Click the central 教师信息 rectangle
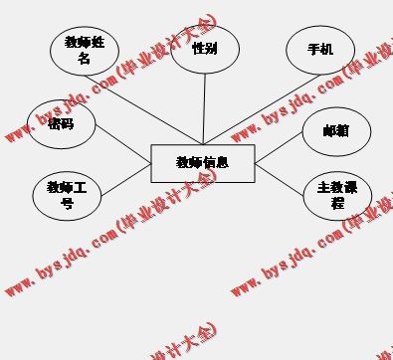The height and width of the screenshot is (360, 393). pos(203,163)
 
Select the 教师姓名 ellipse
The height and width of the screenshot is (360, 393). pos(84,50)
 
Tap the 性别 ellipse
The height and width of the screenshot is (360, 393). pos(205,48)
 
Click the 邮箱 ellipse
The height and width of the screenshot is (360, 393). pos(335,130)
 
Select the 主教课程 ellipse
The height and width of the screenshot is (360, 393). pos(336,194)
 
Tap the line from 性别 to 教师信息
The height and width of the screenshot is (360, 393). pos(204,109)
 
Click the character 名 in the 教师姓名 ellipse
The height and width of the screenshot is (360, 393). pos(84,59)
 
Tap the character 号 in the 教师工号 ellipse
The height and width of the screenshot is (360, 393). pos(68,204)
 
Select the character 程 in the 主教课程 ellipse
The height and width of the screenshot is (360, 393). pos(337,203)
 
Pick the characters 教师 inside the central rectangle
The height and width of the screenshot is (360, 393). pos(189,162)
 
